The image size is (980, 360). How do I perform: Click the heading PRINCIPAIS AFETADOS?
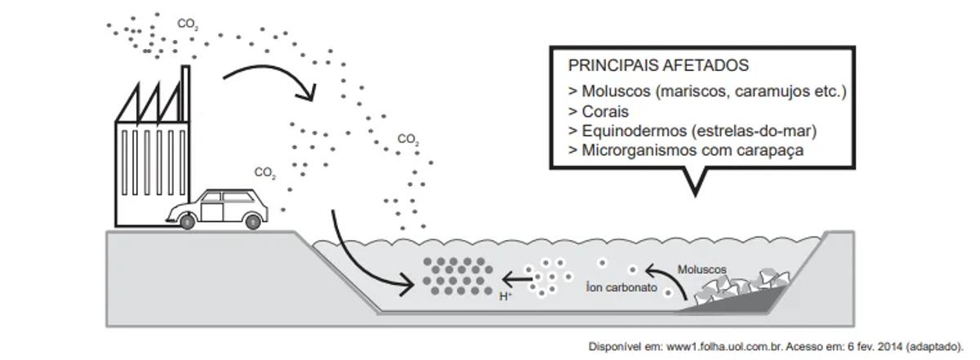tap(658, 65)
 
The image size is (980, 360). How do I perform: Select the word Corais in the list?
tap(605, 111)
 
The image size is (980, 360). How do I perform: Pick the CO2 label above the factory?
tap(187, 24)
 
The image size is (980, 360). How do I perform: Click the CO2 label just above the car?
tap(265, 173)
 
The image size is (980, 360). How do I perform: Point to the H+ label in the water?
tap(506, 296)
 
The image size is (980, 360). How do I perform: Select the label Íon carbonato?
tap(621, 287)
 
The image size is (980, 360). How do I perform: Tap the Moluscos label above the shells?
tap(702, 269)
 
